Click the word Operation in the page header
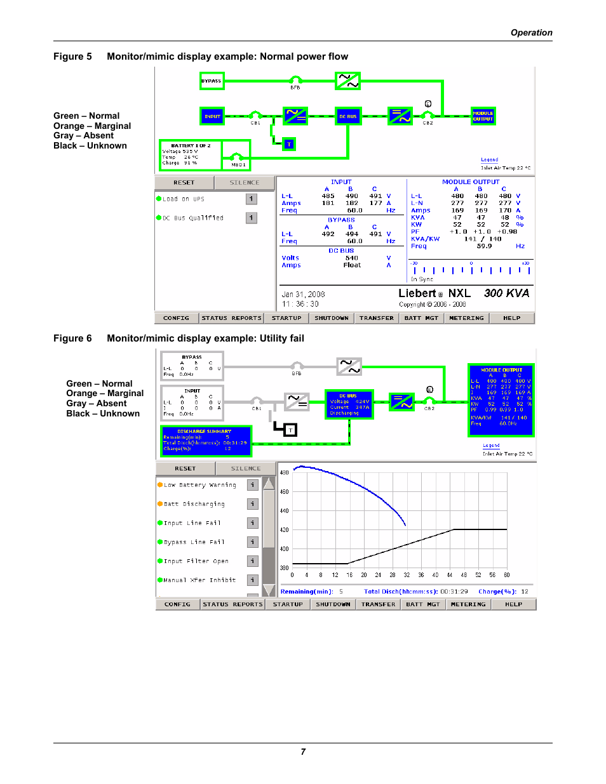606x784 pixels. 531,33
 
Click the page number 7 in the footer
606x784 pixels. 303,752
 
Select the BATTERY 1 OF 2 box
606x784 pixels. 190,155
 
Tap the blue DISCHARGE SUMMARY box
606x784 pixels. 206,441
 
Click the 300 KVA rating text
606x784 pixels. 506,293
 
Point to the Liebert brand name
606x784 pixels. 417,293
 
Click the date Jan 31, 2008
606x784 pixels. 303,295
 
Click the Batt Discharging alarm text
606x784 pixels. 194,504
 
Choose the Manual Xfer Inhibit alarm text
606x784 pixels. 199,580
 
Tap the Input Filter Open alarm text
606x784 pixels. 196,561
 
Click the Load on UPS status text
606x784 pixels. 184,199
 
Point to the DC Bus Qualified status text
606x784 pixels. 192,218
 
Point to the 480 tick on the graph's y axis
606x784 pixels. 284,473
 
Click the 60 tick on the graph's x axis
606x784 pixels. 507,575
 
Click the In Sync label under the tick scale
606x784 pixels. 422,279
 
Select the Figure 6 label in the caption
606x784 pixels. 72,338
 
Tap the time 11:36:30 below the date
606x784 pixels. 300,304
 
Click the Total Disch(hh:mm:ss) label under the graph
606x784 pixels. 401,592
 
